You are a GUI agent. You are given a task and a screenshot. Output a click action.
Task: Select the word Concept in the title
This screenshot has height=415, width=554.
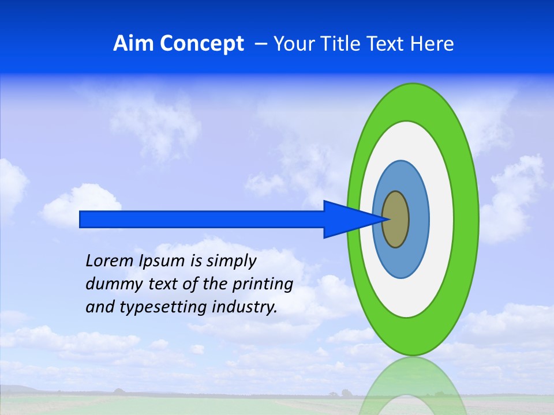[x=202, y=44]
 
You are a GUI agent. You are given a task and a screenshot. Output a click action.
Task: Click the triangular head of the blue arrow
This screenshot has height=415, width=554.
[x=346, y=219]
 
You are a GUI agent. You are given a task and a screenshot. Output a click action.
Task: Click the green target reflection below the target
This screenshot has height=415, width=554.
[x=413, y=386]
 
